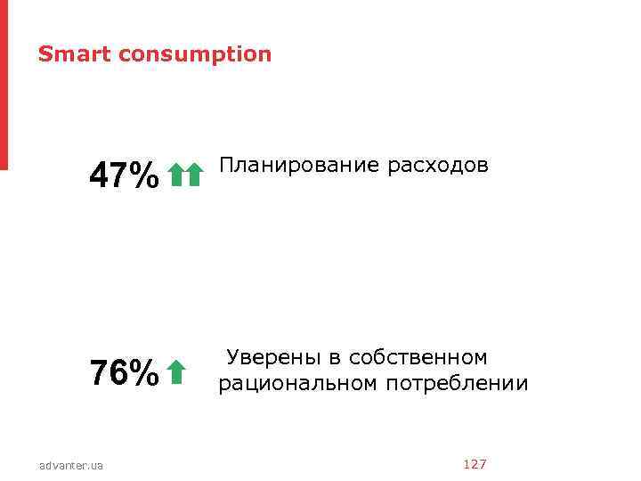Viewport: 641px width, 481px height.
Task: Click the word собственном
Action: point(418,358)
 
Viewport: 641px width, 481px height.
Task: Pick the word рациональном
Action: point(298,384)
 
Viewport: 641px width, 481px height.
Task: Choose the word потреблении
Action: point(457,384)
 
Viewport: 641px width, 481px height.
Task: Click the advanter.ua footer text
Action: point(71,465)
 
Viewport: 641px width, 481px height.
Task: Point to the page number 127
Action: point(475,464)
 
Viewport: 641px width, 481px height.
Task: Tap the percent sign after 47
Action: point(144,175)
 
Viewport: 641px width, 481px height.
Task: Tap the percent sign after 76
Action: point(144,372)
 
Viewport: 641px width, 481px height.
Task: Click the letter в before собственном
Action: point(335,358)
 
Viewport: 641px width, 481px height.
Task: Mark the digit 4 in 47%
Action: point(99,175)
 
